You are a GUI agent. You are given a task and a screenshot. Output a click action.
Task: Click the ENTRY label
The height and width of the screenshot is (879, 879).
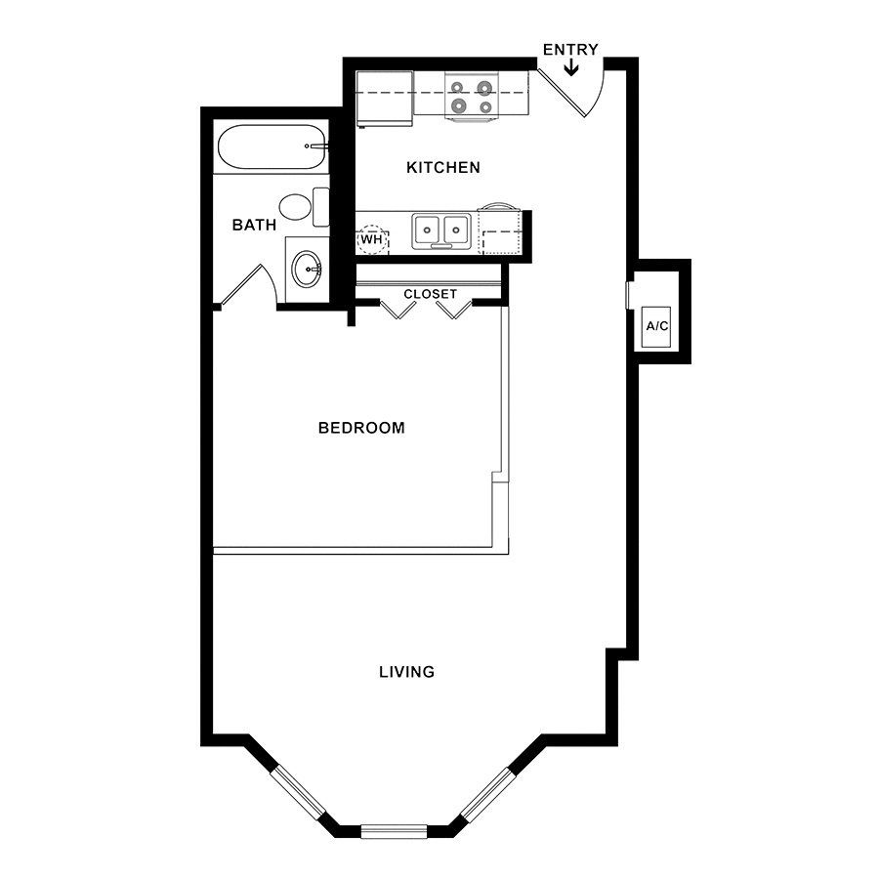coord(570,50)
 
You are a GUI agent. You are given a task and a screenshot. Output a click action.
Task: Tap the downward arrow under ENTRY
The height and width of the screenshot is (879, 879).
coord(570,67)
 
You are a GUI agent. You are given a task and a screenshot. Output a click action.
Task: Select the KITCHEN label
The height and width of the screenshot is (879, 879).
coord(442,167)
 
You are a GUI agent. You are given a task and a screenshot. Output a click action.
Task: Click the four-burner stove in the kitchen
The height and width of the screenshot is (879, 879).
coord(471,96)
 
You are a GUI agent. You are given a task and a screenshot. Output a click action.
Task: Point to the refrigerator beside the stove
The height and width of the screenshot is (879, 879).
coord(385,99)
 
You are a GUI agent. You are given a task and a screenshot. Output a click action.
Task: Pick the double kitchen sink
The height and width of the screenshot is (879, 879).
coord(441,230)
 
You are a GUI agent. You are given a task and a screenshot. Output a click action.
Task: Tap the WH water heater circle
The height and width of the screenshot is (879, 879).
coord(371,239)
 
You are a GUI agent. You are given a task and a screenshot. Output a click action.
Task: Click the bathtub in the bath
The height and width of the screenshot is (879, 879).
coord(271,146)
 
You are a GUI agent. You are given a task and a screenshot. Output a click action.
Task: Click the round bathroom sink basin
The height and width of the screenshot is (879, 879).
coord(308,270)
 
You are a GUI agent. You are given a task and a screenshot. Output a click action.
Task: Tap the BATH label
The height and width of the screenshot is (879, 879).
coord(254,225)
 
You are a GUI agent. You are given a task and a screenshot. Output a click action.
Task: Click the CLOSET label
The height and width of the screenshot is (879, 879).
coord(430,294)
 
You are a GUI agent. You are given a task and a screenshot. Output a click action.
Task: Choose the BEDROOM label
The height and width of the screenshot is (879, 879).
coord(361,428)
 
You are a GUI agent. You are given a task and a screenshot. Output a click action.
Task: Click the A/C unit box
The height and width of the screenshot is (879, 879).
coord(657,326)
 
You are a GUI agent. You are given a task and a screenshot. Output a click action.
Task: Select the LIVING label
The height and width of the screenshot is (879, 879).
coord(407,672)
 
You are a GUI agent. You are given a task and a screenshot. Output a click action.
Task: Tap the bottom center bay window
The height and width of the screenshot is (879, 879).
coord(395,831)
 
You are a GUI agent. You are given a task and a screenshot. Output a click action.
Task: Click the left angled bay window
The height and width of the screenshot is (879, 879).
coord(298,793)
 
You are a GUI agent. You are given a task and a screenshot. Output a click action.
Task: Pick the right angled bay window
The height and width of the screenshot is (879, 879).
coord(487,794)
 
